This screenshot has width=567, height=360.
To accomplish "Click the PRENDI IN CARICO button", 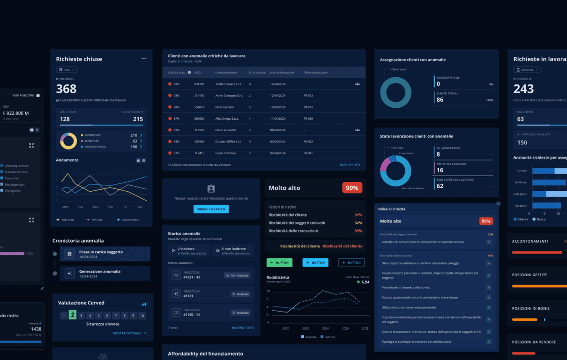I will (x=211, y=209).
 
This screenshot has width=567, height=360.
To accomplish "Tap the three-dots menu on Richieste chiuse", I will (x=144, y=58).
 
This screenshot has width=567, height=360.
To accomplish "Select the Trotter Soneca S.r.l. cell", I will (x=228, y=84).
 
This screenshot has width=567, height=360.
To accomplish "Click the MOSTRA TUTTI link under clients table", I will (x=349, y=165).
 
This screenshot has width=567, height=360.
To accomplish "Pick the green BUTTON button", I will (x=279, y=262).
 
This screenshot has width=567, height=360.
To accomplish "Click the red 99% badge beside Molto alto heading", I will (x=352, y=188).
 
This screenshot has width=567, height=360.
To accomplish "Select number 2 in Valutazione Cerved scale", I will (x=72, y=315).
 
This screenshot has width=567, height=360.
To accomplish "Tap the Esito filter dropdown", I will (x=67, y=70).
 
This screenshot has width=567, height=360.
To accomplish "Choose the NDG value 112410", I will (x=199, y=153).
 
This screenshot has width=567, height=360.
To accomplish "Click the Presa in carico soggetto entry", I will (x=101, y=254).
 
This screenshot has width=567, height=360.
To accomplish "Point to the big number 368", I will (x=66, y=89).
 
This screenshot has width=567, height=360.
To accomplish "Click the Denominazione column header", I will (x=226, y=72).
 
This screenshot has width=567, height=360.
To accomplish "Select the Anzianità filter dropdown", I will (x=527, y=70).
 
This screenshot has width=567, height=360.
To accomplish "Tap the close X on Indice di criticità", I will (x=498, y=204).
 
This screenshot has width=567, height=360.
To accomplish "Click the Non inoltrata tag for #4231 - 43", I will (x=237, y=275).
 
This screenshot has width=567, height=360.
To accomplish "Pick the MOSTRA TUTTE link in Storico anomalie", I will (x=243, y=328).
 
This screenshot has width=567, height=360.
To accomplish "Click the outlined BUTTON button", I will (x=351, y=262).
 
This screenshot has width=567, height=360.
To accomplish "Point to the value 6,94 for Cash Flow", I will (x=365, y=282).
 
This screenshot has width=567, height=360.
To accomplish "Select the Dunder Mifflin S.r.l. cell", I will (x=228, y=142).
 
